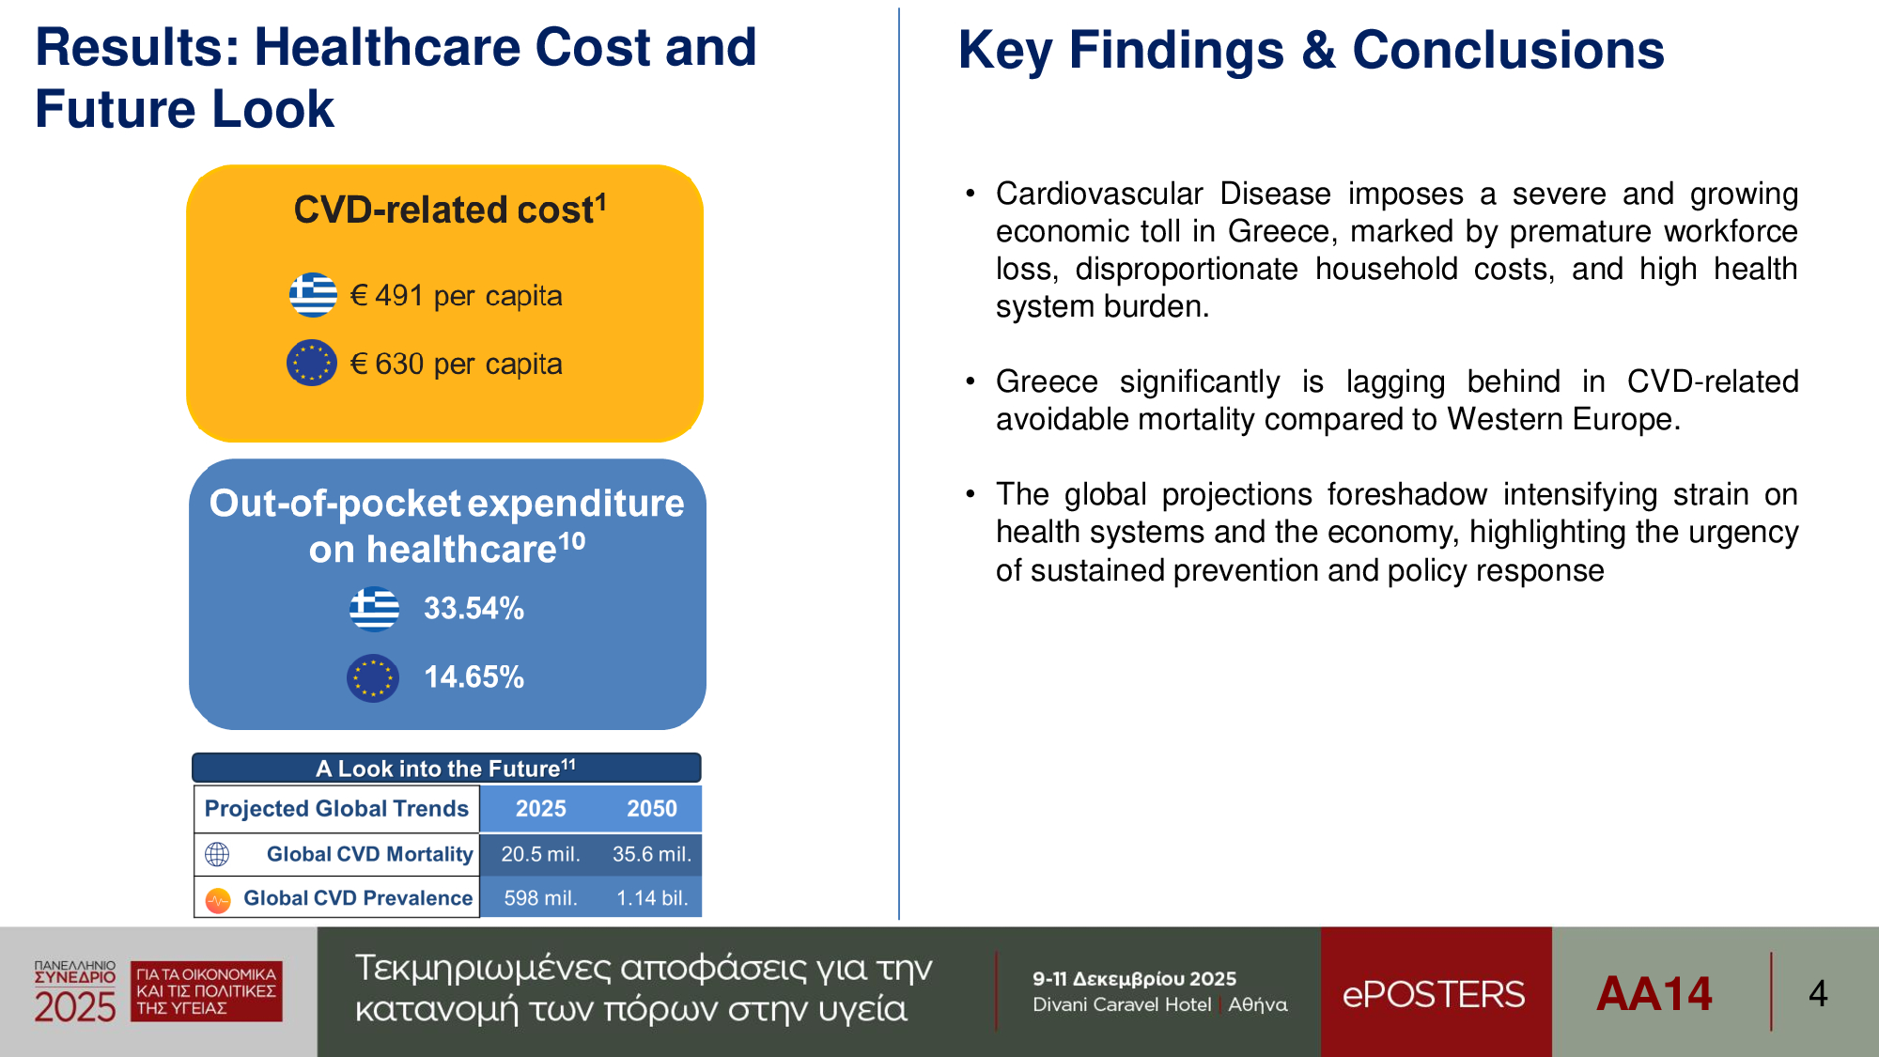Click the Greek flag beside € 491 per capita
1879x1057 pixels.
click(313, 295)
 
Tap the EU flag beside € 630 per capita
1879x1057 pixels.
click(312, 363)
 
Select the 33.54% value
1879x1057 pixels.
click(474, 609)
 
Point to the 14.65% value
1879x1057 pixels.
click(474, 677)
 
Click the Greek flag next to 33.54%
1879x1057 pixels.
click(374, 609)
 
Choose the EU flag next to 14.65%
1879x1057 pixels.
click(373, 677)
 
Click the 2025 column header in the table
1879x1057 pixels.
click(540, 809)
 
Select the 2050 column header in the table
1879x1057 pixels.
click(651, 809)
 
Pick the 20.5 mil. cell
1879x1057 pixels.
click(540, 854)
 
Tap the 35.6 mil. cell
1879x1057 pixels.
click(651, 854)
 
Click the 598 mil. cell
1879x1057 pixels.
click(540, 898)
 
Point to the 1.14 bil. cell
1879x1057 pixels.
click(651, 898)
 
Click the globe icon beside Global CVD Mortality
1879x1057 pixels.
click(217, 854)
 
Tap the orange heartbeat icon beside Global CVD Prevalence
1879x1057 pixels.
click(218, 900)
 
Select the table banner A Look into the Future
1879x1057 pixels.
click(446, 769)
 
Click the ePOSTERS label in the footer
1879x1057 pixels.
click(1434, 994)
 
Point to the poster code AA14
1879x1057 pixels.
click(1654, 994)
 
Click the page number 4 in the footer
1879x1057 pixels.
click(1818, 994)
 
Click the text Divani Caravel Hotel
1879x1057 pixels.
click(1122, 1004)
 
